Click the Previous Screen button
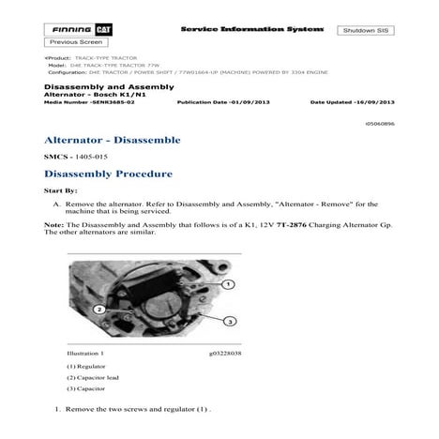coord(76,43)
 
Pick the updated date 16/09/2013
coord(376,100)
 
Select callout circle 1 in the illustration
coord(228,284)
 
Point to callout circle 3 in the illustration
coord(228,321)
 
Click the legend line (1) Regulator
coord(86,367)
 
